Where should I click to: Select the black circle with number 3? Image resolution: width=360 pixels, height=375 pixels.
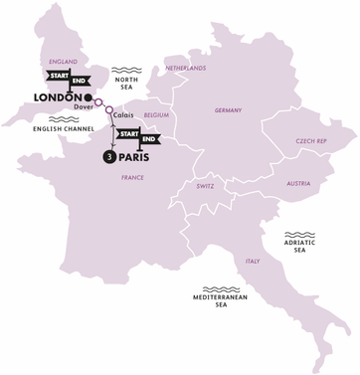pos(107,156)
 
